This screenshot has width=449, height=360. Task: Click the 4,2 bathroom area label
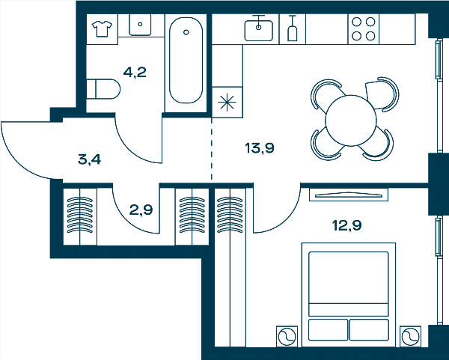[135, 72]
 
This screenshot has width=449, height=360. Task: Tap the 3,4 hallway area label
[89, 159]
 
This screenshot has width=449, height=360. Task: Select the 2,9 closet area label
[141, 210]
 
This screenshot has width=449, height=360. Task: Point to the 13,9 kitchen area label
[260, 147]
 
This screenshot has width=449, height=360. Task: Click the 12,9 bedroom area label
[346, 225]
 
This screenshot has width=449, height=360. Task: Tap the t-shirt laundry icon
[102, 28]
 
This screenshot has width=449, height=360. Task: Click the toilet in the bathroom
[103, 89]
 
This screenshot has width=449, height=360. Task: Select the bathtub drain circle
[186, 32]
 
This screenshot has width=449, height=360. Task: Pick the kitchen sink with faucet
[259, 28]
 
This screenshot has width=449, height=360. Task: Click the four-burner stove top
[364, 29]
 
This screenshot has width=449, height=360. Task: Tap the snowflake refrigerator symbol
[227, 102]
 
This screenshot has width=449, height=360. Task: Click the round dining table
[351, 120]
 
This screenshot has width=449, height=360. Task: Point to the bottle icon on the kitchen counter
[292, 28]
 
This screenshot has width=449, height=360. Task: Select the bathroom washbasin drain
[140, 25]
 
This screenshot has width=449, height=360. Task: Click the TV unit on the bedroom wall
[349, 195]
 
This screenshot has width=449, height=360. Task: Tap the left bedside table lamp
[287, 336]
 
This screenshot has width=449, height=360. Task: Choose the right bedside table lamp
[410, 336]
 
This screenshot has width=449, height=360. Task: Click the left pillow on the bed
[329, 329]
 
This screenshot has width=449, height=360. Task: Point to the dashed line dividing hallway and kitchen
[212, 149]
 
